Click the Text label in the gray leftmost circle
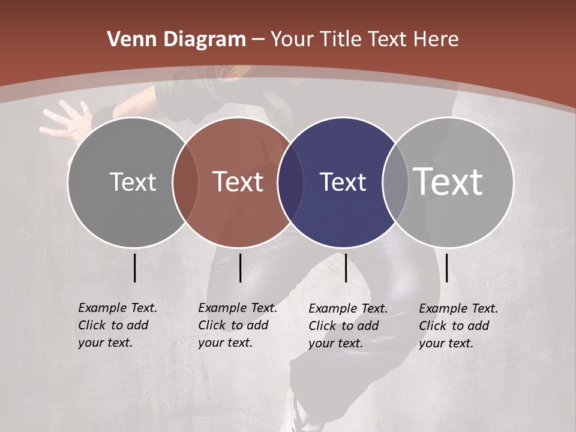[133, 182]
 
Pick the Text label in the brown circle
[238, 182]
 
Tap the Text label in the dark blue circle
[343, 182]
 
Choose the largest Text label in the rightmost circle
[448, 182]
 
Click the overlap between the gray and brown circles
[185, 182]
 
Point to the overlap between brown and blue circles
[290, 182]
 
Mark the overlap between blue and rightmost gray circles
[395, 182]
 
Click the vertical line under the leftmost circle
[135, 268]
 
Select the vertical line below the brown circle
[240, 268]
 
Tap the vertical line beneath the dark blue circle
[346, 268]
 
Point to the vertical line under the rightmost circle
[446, 268]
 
